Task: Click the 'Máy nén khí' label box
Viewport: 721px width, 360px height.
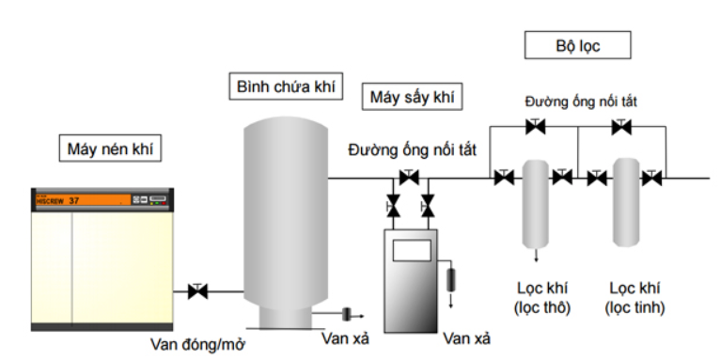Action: [110, 149]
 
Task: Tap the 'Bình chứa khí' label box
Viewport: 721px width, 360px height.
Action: [286, 86]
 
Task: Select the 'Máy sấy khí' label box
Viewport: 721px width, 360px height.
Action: [412, 97]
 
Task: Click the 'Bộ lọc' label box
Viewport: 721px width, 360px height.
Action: [577, 45]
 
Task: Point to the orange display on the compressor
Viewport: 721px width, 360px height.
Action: [84, 200]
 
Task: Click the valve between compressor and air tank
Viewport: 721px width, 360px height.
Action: [197, 290]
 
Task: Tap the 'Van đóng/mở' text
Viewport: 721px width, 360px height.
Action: [197, 344]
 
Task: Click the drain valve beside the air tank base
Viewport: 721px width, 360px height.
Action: [347, 314]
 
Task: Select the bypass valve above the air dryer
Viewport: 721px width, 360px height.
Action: [409, 177]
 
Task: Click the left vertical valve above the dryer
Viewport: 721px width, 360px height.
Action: [393, 206]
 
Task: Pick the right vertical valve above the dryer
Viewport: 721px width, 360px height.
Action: [428, 206]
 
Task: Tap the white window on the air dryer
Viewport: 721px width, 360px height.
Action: [412, 250]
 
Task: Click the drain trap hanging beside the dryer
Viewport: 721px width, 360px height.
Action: [451, 279]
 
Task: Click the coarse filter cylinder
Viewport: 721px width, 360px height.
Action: [536, 204]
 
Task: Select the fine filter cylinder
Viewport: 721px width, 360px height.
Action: [626, 202]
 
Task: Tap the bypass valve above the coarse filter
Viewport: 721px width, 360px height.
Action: [535, 126]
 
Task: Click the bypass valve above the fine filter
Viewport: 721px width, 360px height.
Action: [621, 126]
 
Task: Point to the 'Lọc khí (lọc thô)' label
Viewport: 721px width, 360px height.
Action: [542, 298]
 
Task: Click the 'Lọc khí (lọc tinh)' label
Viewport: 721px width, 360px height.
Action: [635, 298]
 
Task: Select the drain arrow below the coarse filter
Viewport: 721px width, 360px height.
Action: [536, 255]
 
